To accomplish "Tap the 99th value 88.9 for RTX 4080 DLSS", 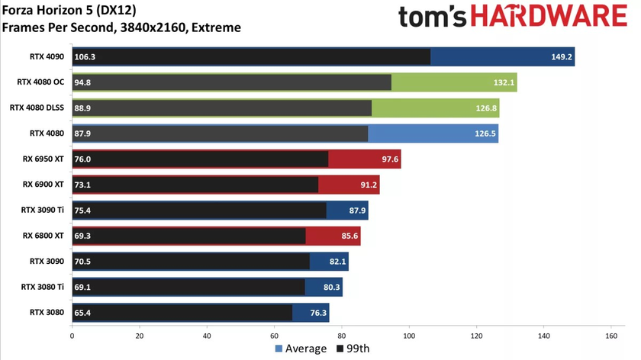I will (84, 108).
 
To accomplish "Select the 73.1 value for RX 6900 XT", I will (84, 185).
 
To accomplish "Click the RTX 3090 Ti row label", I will (43, 211).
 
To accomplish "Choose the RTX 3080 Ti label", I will (43, 288).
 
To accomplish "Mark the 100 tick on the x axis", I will (409, 336).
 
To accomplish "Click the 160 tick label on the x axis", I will (611, 336).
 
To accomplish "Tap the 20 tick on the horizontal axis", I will (140, 336).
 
